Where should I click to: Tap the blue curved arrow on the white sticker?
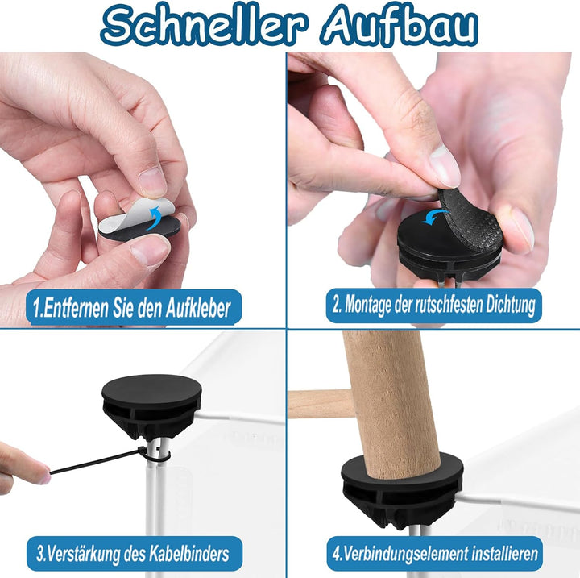(155, 218)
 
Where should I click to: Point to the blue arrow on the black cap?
(436, 216)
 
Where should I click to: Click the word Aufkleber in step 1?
(198, 308)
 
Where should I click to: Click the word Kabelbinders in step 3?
(189, 554)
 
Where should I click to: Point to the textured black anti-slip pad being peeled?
(471, 219)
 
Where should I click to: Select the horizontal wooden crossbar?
(319, 404)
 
